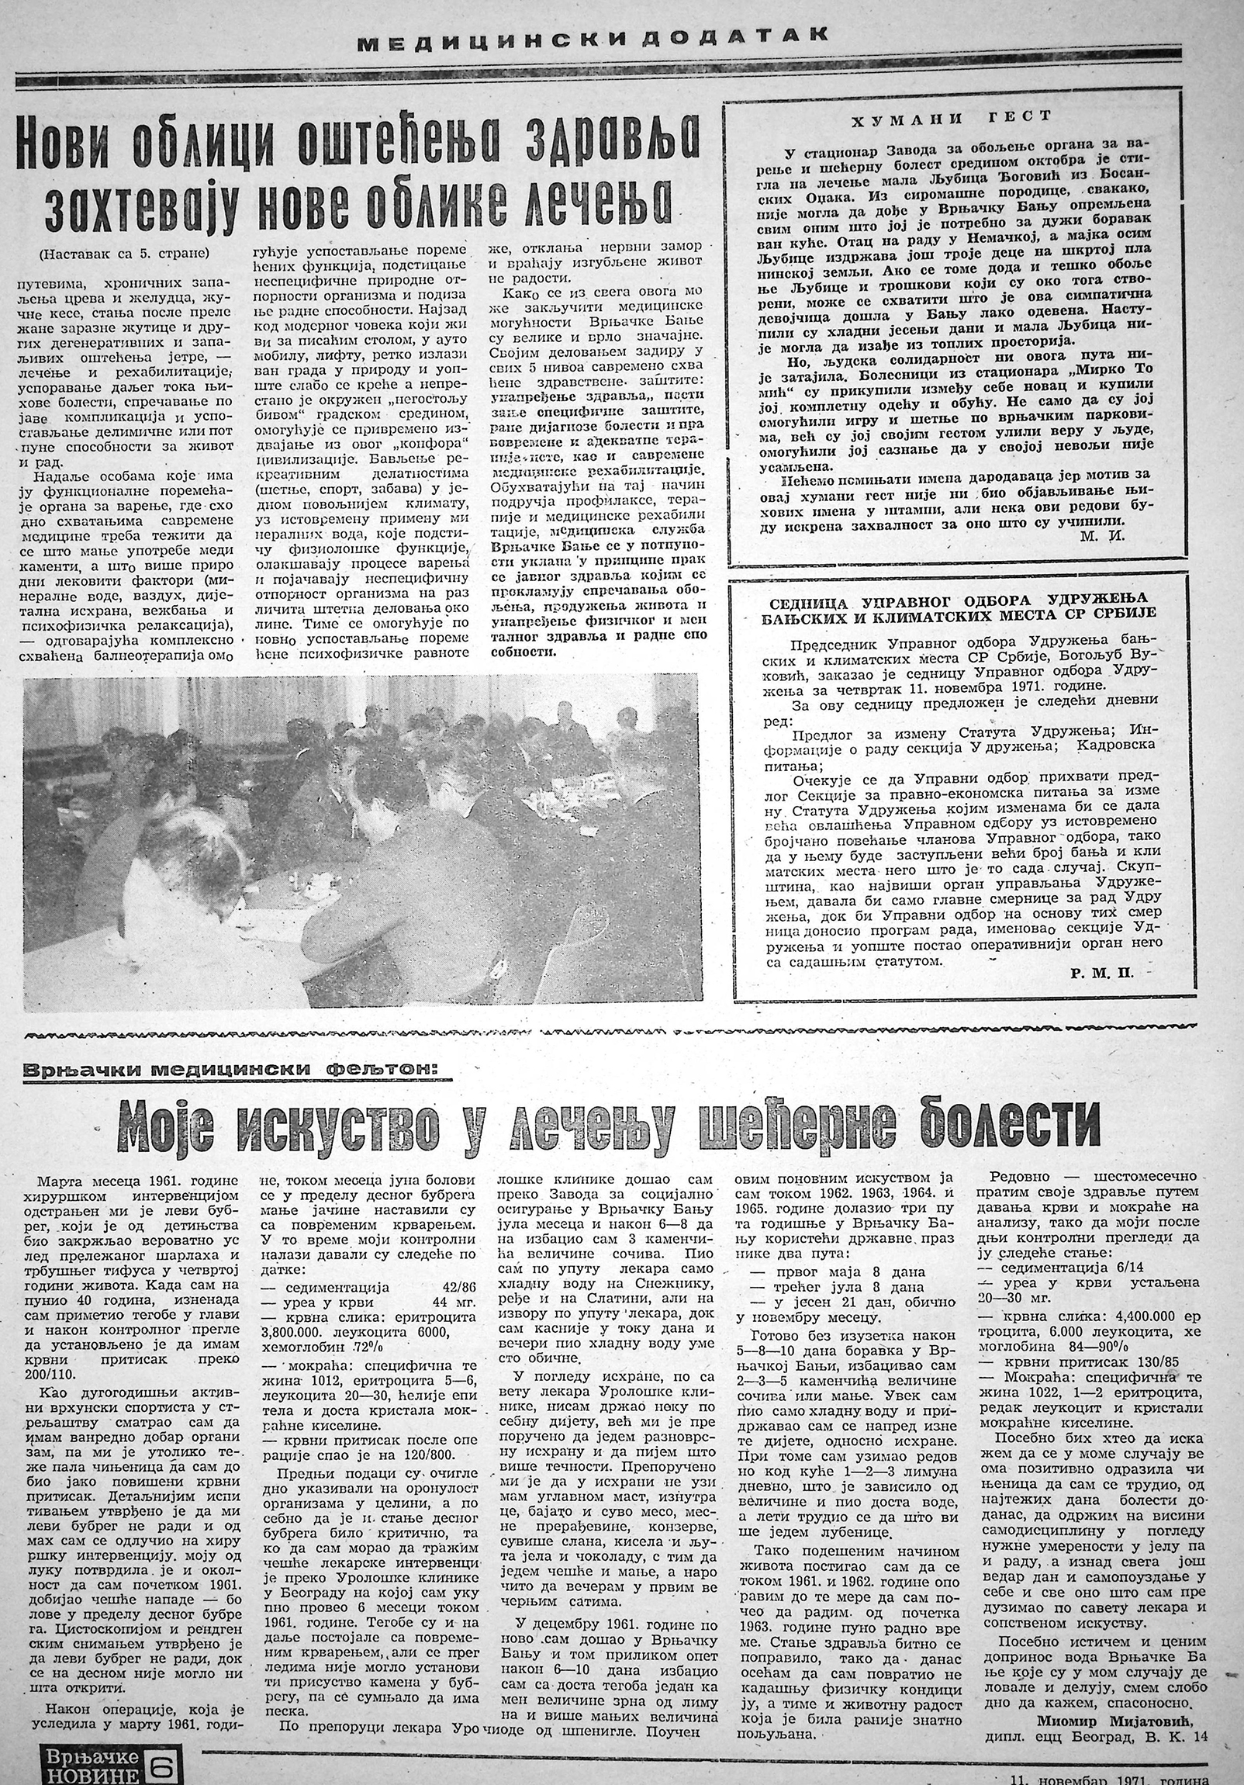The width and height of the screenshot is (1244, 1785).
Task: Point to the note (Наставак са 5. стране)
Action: point(123,254)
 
